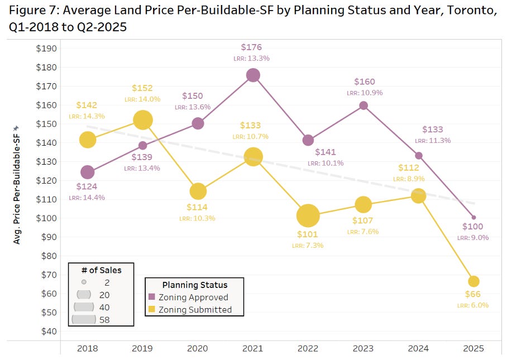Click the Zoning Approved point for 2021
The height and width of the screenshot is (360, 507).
253,75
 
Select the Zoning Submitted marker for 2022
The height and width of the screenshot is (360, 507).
308,215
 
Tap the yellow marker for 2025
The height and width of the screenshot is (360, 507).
473,281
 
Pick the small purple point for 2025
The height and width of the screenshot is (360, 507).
473,217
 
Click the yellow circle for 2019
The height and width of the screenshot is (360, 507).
143,119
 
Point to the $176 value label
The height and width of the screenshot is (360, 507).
251,47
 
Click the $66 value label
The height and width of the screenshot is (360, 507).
473,294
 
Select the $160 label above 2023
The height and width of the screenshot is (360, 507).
364,82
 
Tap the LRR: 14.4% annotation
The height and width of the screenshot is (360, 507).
87,197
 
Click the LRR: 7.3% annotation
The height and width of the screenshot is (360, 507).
307,245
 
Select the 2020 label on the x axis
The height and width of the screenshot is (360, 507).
198,348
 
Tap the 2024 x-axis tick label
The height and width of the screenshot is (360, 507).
418,348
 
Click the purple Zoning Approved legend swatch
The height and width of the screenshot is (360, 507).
152,297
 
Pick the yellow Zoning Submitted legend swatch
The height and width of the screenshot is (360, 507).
152,309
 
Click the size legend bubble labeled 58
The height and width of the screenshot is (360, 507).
84,319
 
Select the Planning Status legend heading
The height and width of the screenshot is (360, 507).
194,284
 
